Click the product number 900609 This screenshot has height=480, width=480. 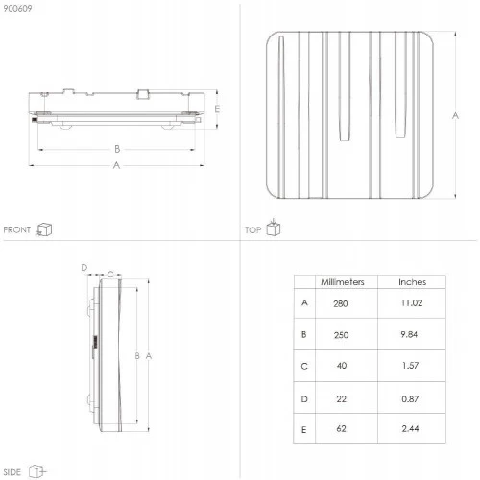tap(17, 9)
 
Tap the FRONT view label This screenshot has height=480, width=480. tap(17, 229)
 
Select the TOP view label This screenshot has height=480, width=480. tap(252, 230)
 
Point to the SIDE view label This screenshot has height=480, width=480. tap(12, 472)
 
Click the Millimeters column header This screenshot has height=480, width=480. tap(343, 282)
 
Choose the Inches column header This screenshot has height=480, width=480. tap(413, 282)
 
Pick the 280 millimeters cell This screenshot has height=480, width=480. tap(341, 303)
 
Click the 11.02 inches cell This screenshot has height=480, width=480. tap(412, 303)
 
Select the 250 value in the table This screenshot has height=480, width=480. tap(341, 335)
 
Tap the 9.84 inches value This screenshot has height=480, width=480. tap(409, 334)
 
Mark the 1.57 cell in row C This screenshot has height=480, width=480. tap(411, 366)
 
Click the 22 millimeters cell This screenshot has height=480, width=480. tap(342, 399)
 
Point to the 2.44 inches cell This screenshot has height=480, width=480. tap(410, 428)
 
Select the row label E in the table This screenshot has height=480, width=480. tap(304, 430)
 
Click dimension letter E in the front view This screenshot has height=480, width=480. tap(217, 109)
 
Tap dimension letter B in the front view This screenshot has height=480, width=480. tap(117, 149)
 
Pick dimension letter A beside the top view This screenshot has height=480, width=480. tap(455, 115)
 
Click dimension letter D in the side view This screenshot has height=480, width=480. tap(84, 268)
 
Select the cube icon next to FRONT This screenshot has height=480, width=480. tap(44, 229)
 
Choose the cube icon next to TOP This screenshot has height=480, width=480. tap(274, 228)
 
